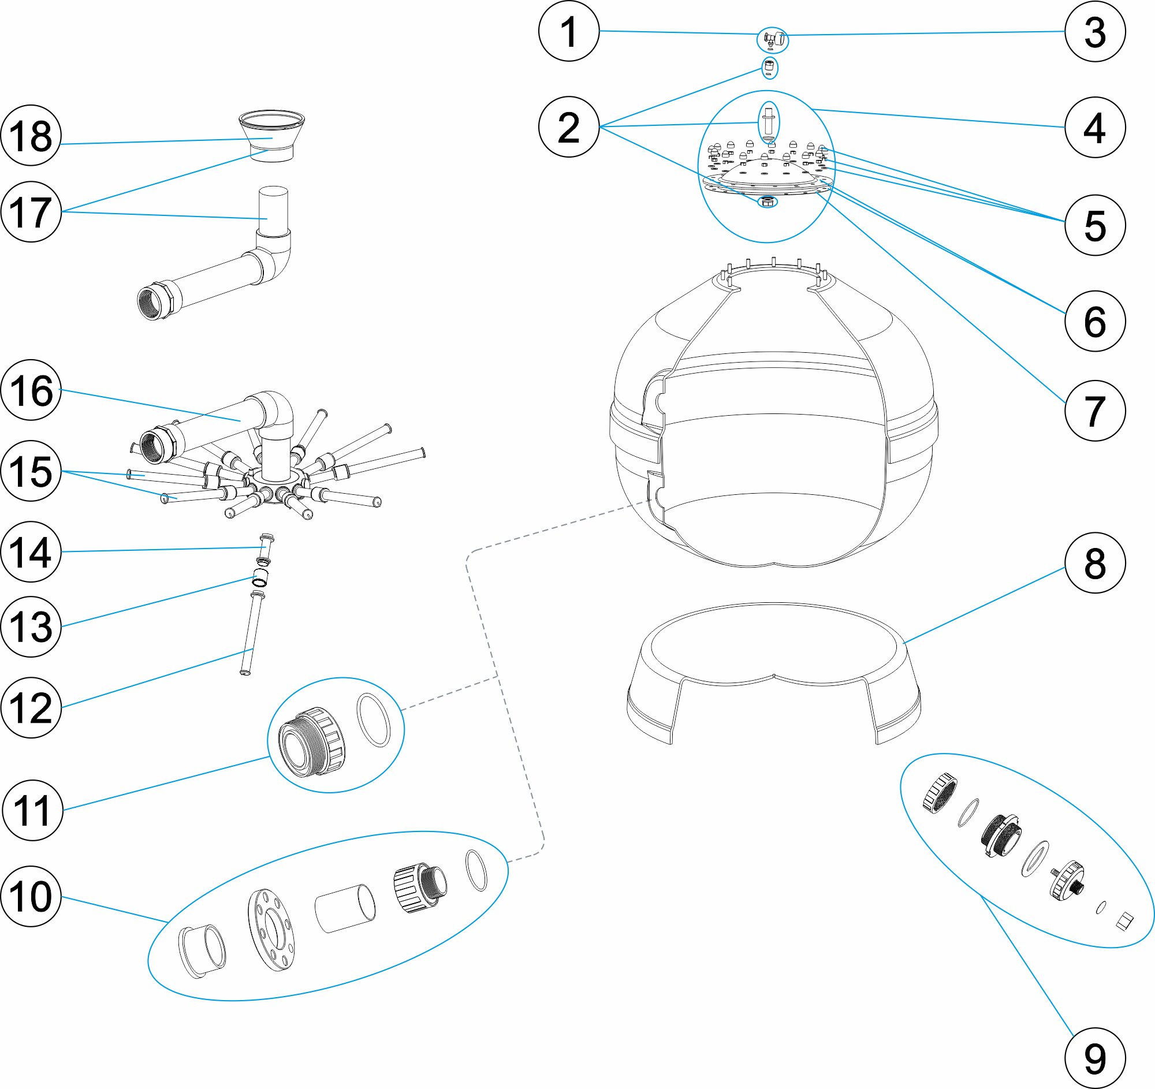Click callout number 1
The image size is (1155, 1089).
(568, 31)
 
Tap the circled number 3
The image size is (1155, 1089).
(1094, 31)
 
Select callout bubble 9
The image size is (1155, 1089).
(1094, 1058)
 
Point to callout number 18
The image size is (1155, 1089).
(31, 135)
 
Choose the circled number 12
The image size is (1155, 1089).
(31, 707)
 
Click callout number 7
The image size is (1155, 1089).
(1094, 411)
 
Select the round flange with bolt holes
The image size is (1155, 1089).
(271, 929)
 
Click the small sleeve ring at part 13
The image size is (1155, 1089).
(260, 579)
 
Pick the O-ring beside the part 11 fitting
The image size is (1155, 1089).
(373, 719)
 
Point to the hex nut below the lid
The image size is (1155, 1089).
(767, 202)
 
